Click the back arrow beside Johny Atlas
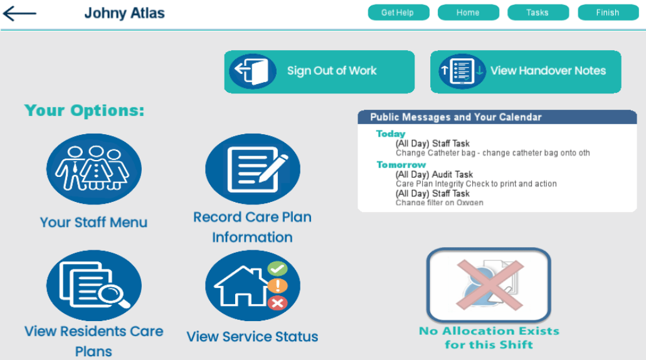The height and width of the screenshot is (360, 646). (19, 14)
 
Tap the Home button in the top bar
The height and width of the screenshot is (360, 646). (468, 13)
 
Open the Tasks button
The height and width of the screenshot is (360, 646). (537, 13)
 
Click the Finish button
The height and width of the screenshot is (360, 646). (608, 13)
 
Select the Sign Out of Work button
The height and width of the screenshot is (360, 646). (319, 71)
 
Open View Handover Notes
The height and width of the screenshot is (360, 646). (526, 71)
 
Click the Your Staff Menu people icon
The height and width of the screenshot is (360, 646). (94, 169)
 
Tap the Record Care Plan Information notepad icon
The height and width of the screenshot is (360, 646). (253, 169)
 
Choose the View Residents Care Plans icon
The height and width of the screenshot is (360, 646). (94, 285)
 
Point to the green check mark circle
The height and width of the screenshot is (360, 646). (278, 269)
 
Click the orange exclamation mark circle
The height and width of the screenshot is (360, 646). (278, 285)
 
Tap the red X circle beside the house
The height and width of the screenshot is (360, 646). (278, 303)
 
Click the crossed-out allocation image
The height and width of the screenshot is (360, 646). (489, 285)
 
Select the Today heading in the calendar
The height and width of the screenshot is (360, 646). (391, 134)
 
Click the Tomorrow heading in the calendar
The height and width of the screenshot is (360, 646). (401, 165)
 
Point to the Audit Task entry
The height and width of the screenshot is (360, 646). (434, 174)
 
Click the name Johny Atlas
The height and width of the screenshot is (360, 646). (124, 13)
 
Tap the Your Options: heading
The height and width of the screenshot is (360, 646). (85, 110)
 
